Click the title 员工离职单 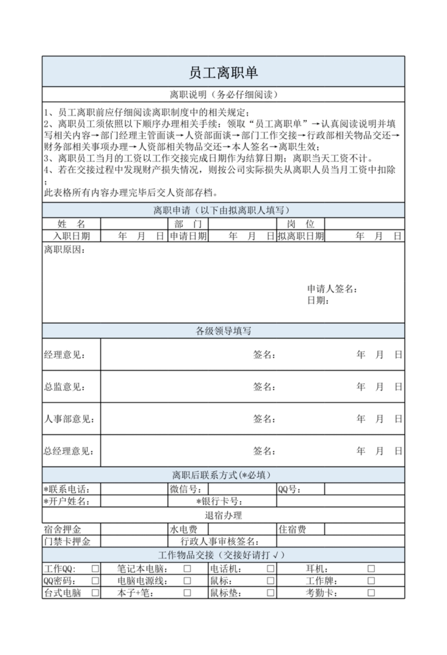223,73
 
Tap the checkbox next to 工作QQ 96,568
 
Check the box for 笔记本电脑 188,568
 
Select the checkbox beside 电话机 270,568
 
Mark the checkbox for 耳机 371,568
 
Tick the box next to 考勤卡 371,593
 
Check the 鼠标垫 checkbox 270,593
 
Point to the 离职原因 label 64,249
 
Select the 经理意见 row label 64,355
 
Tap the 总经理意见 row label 69,451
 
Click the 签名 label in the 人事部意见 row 264,419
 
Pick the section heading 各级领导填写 223,331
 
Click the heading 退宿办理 223,515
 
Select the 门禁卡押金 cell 67,541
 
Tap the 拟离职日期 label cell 300,236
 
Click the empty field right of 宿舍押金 134,529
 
